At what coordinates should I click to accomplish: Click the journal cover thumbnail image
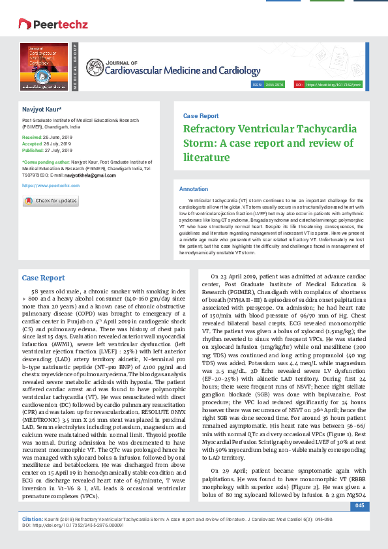tap(44, 67)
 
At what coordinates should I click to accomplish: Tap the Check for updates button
tap(50, 201)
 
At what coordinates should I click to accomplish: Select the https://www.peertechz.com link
tap(51, 185)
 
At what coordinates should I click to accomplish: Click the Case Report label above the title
tap(201, 115)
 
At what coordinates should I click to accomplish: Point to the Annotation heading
tap(193, 187)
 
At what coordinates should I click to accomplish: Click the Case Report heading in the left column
tap(43, 296)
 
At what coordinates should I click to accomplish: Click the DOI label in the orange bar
tap(298, 85)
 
